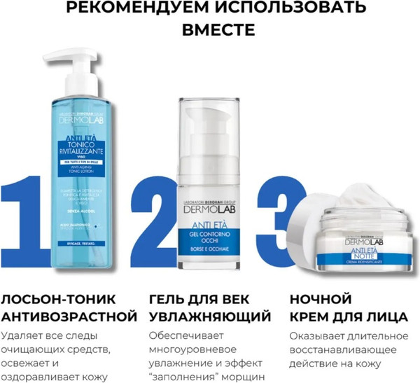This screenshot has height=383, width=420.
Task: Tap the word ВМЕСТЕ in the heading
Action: click(210, 31)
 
